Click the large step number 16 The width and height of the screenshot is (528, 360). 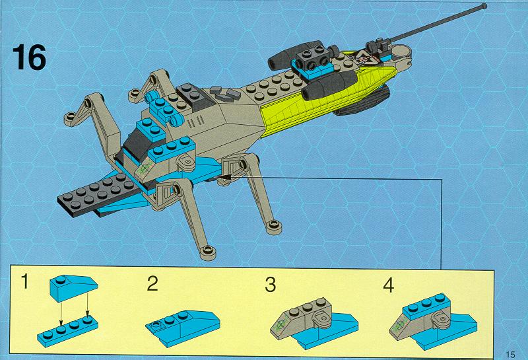[x=29, y=57]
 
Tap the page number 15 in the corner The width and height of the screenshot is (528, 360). [x=510, y=354]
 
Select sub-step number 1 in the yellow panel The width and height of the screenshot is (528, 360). [x=25, y=281]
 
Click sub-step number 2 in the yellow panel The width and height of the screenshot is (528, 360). [x=152, y=283]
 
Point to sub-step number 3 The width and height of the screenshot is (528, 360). [x=271, y=284]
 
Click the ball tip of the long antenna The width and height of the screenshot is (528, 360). [x=484, y=6]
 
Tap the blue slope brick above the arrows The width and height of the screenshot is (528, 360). [x=73, y=287]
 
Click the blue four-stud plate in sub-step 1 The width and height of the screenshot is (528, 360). [x=68, y=332]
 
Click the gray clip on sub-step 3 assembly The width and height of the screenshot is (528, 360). [x=322, y=318]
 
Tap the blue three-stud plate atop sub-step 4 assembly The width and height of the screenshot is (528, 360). [x=426, y=305]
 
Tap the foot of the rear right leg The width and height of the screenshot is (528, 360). [x=274, y=227]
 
